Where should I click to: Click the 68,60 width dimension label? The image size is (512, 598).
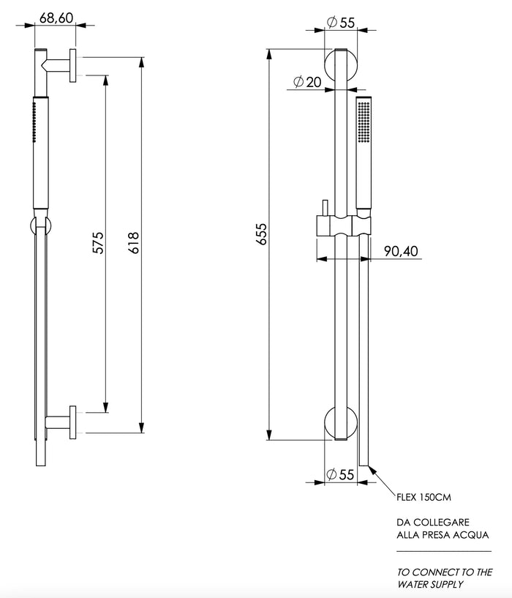tap(56, 18)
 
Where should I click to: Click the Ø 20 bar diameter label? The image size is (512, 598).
tap(306, 82)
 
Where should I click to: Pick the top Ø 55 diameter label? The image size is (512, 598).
tap(340, 23)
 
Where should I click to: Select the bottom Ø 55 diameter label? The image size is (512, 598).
tap(340, 475)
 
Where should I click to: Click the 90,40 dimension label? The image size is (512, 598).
tap(401, 251)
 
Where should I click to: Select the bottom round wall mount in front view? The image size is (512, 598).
tap(340, 424)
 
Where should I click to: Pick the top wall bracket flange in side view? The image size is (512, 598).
tap(74, 66)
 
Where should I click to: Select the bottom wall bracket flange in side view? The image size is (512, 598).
tap(74, 422)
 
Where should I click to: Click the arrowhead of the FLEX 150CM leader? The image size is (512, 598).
tap(373, 468)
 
